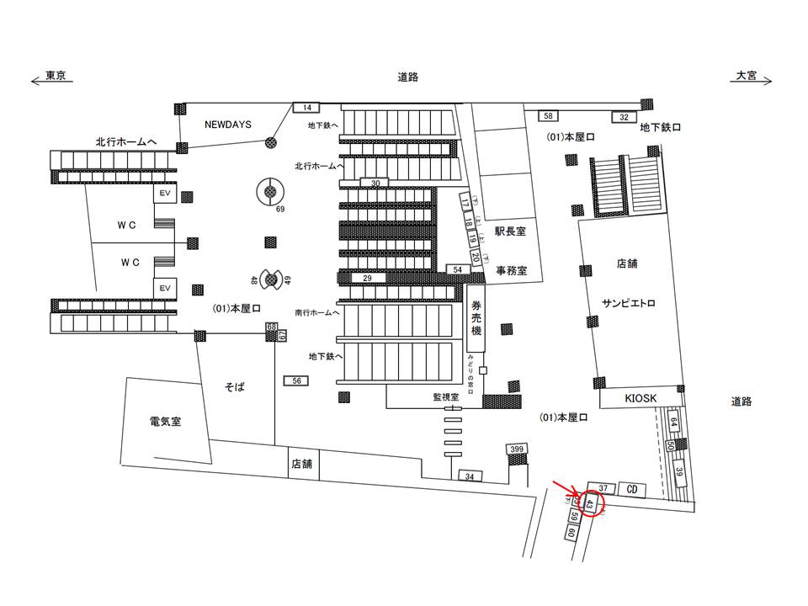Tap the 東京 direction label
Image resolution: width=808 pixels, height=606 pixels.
click(56, 76)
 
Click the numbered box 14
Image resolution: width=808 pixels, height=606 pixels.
click(307, 107)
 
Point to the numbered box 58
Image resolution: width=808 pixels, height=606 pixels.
click(548, 115)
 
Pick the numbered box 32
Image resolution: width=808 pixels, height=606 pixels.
click(624, 117)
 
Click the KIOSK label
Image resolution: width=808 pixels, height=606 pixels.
click(640, 397)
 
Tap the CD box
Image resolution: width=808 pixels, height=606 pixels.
click(631, 489)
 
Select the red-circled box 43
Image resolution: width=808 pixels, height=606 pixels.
click(592, 505)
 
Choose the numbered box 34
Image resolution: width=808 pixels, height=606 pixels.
click(470, 477)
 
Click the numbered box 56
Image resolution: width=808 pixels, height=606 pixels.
click(297, 381)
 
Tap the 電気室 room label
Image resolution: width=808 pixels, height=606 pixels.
click(165, 421)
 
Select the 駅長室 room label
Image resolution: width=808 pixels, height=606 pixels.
click(510, 231)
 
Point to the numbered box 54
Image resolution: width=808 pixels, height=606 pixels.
click(458, 269)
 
